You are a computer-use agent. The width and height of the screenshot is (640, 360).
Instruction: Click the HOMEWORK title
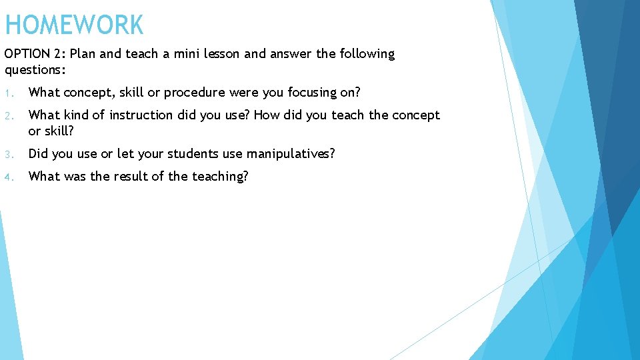74,25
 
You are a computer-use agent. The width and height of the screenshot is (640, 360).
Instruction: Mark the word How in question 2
267,115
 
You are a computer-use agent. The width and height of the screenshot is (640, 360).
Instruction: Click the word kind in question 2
77,115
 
